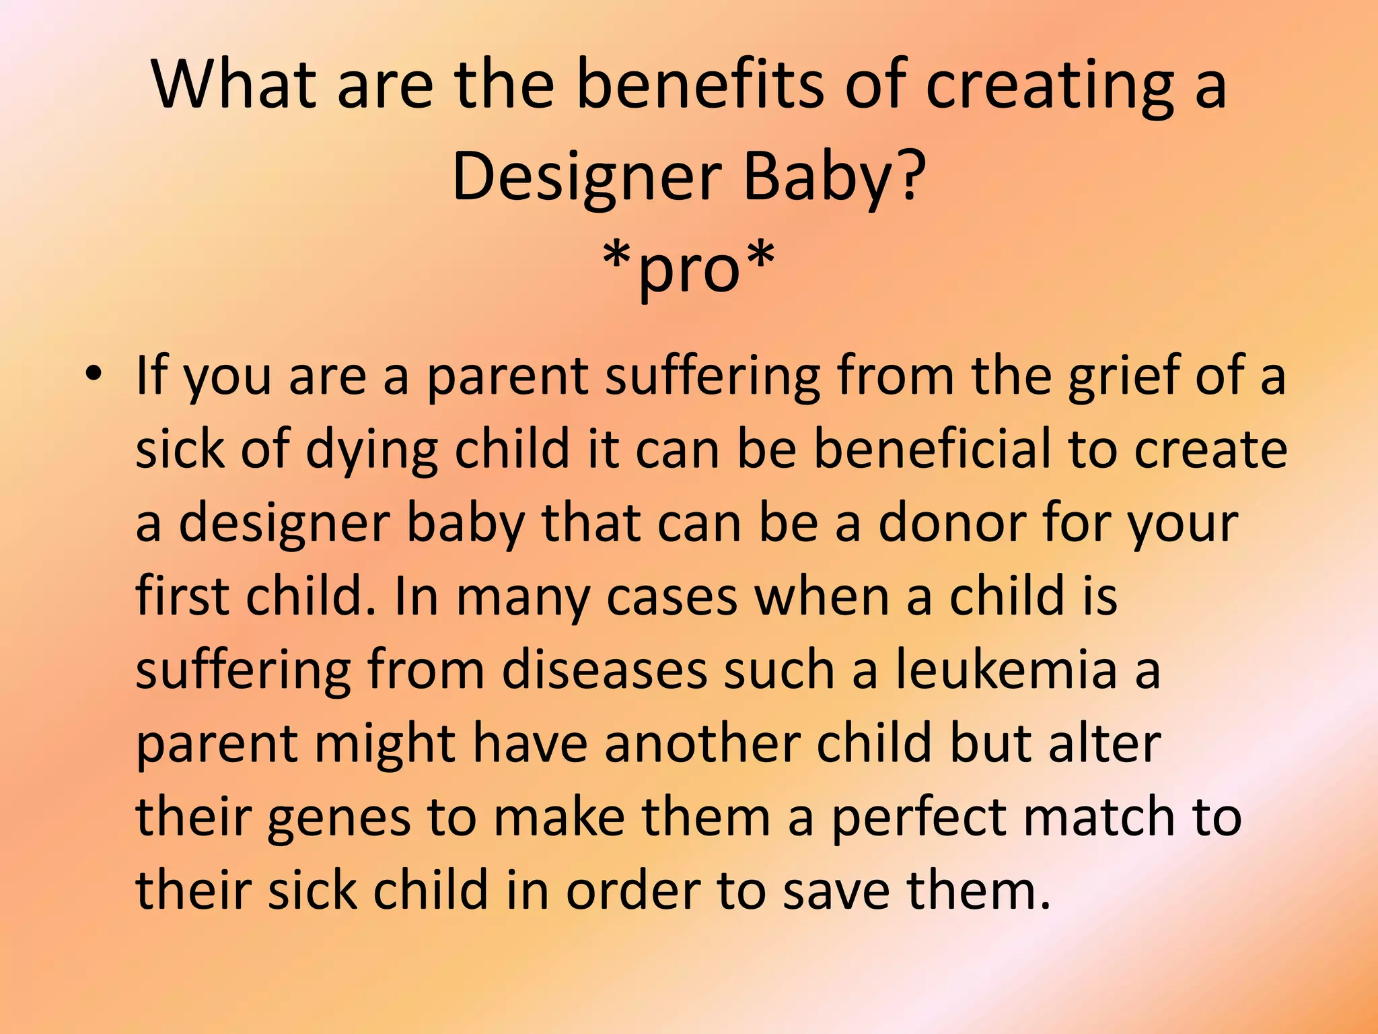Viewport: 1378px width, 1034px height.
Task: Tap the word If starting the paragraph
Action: pyautogui.click(x=151, y=374)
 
